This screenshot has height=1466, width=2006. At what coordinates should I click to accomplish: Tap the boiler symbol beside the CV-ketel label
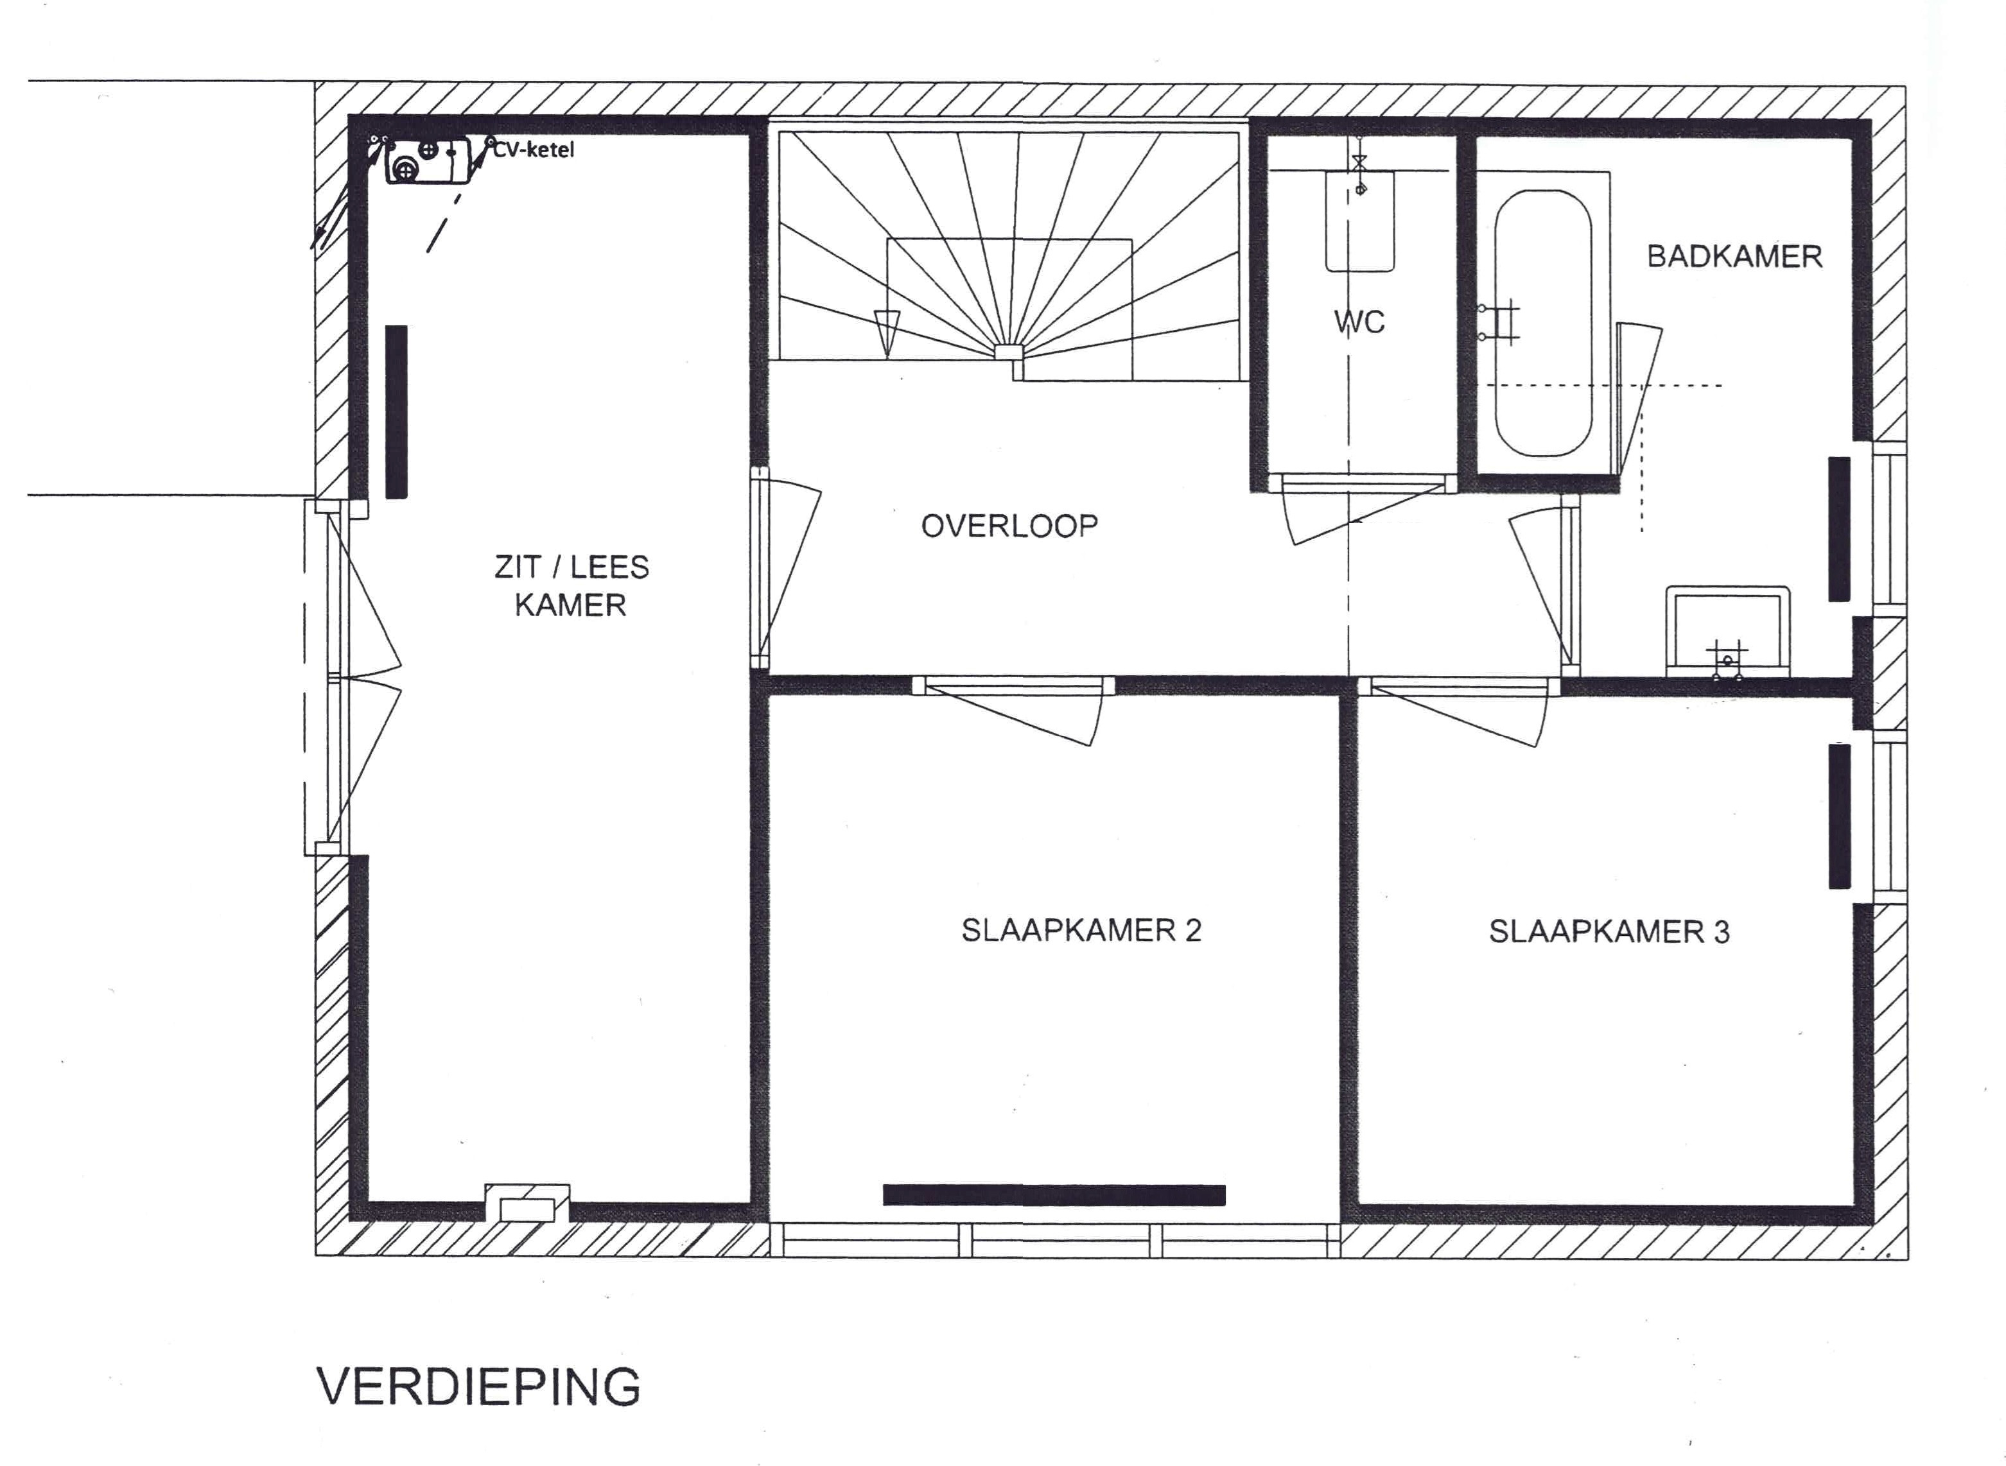coord(428,160)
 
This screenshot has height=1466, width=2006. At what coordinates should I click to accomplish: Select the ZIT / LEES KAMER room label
coord(571,585)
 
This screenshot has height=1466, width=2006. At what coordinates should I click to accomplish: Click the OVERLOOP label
coord(1009,526)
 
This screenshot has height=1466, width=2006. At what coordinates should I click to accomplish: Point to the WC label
coord(1359,322)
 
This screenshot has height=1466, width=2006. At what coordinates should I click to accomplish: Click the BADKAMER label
coord(1734,257)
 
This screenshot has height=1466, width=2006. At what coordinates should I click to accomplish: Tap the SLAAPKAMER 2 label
coord(1081,930)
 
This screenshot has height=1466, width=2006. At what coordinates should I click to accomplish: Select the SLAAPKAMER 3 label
coord(1609,932)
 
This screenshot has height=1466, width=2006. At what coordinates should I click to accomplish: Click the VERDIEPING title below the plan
coord(478,1387)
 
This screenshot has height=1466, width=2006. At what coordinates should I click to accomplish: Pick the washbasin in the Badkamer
coord(1727,631)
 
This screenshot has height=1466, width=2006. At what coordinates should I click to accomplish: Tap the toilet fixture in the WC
coord(1359,221)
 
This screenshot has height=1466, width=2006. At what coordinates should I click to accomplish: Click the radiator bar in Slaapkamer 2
coord(1054,1195)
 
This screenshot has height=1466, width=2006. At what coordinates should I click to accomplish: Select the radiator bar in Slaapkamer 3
coord(1839,816)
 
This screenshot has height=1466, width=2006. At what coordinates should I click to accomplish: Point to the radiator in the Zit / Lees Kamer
coord(396,411)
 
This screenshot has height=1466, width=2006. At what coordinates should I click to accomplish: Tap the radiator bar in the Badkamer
coord(1839,529)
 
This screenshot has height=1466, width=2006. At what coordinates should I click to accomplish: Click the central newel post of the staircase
coord(1007,352)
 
